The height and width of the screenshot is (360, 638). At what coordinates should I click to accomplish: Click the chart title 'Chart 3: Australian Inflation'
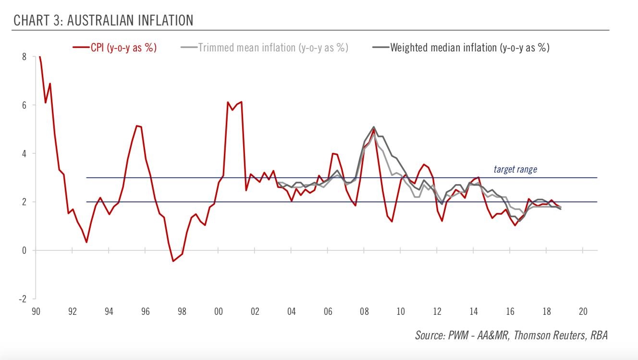point(103,20)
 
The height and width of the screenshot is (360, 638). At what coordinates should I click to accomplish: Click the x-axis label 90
point(36,311)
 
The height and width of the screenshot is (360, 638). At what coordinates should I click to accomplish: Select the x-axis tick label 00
point(218,311)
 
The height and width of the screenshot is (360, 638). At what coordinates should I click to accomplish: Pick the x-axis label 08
point(364,311)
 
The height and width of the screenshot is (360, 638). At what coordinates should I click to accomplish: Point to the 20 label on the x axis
point(583,311)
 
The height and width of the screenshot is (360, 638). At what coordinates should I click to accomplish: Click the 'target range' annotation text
point(515,169)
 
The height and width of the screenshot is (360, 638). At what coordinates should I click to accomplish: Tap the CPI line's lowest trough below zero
point(173,261)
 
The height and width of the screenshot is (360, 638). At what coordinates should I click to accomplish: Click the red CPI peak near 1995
point(137,126)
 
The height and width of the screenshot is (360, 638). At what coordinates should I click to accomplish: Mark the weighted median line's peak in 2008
point(374,127)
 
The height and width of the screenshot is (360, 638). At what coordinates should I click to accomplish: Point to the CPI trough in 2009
point(392,222)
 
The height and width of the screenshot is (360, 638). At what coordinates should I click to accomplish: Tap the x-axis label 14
point(474,311)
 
